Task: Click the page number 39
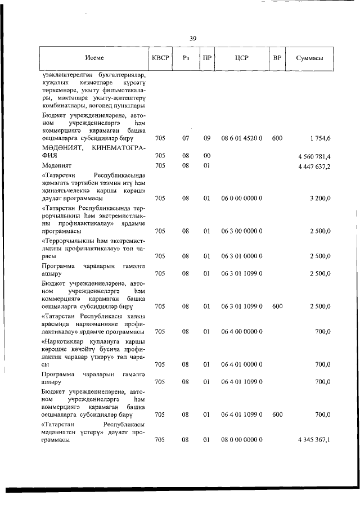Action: tap(193, 39)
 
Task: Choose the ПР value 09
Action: tap(206, 138)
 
